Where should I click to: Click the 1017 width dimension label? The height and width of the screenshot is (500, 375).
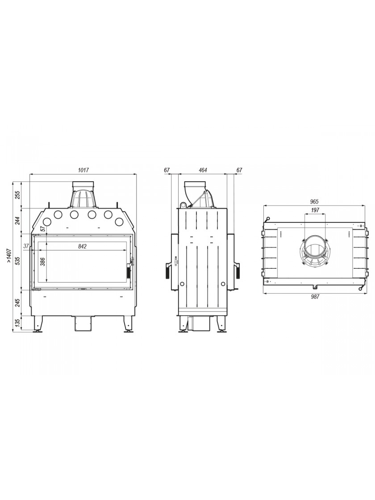(x=83, y=170)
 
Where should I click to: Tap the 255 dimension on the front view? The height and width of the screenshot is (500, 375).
(x=18, y=195)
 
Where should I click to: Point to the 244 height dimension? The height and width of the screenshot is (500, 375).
(x=18, y=221)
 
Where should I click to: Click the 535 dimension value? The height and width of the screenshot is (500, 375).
(x=18, y=262)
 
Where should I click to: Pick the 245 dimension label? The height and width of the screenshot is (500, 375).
(x=18, y=303)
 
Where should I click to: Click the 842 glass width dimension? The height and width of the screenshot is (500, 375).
(x=82, y=246)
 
